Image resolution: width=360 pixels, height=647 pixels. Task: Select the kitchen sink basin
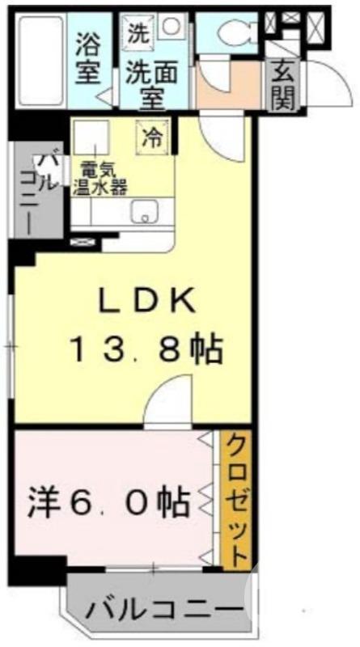pyautogui.click(x=145, y=211)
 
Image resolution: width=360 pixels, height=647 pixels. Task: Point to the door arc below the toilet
pyautogui.click(x=215, y=77)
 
